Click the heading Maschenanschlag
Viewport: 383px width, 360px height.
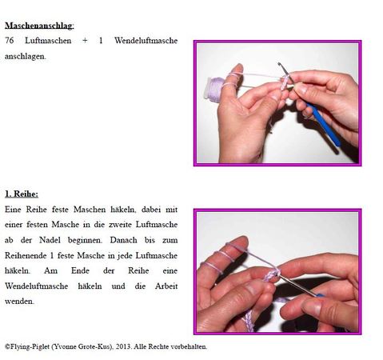[x=39, y=26]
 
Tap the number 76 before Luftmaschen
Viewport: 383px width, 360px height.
[x=10, y=41]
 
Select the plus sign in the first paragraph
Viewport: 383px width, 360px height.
[x=85, y=41]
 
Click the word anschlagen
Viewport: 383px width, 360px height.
[x=26, y=57]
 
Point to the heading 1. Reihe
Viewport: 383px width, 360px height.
[x=22, y=194]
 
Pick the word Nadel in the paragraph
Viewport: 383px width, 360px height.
[x=50, y=240]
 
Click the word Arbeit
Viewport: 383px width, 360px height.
[x=166, y=286]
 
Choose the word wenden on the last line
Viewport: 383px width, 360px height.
[x=19, y=302]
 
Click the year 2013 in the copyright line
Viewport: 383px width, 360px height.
[x=124, y=346]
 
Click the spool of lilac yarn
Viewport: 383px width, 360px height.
[x=213, y=90]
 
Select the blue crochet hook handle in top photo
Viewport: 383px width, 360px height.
[x=325, y=125]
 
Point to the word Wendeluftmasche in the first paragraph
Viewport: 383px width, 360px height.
[x=146, y=41]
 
